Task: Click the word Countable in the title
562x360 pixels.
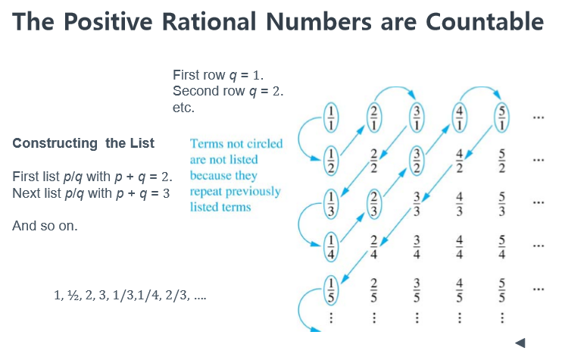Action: coord(485,22)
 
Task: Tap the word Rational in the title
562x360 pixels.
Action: coord(209,22)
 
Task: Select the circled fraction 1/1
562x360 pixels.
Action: coord(331,117)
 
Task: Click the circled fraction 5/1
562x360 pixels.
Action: coord(501,117)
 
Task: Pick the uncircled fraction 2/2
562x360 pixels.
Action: coord(373,161)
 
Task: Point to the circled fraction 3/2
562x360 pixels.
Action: coord(417,161)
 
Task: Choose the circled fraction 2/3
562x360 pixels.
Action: coord(373,204)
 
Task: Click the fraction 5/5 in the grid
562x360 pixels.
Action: coord(501,290)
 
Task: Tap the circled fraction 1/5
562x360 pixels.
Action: coord(331,290)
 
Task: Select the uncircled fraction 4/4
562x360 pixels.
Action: coord(459,247)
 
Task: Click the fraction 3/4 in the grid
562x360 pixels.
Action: coord(417,247)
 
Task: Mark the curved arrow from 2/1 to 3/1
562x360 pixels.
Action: coord(395,87)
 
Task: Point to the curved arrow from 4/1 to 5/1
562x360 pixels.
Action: coord(480,87)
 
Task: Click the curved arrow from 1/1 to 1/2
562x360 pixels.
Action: coord(299,138)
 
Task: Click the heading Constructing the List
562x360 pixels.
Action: coord(83,143)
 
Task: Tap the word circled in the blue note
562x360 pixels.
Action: coord(264,144)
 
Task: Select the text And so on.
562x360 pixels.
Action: coord(45,226)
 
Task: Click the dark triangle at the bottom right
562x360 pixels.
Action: coord(521,343)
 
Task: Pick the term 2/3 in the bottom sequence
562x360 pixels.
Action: coord(176,295)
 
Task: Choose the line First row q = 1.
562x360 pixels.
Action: coord(218,75)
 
